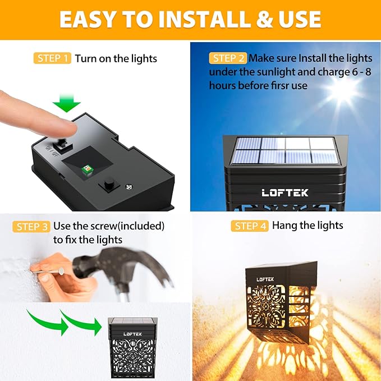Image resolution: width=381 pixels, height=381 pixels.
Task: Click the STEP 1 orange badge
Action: click(53, 58)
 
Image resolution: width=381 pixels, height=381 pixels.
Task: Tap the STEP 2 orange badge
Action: click(228, 58)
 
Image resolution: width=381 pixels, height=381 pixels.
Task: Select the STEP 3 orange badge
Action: click(31, 227)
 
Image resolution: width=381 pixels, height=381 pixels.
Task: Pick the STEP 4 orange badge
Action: click(250, 226)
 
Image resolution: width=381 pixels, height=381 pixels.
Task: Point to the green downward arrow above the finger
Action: click(67, 103)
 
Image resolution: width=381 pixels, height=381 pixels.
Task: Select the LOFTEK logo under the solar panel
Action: click(284, 192)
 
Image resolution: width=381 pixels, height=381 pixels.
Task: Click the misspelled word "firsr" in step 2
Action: click(292, 85)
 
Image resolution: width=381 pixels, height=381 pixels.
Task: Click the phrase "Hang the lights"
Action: click(307, 226)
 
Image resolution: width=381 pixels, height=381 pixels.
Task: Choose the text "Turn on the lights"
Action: click(116, 58)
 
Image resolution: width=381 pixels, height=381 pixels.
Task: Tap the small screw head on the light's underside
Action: click(128, 186)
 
